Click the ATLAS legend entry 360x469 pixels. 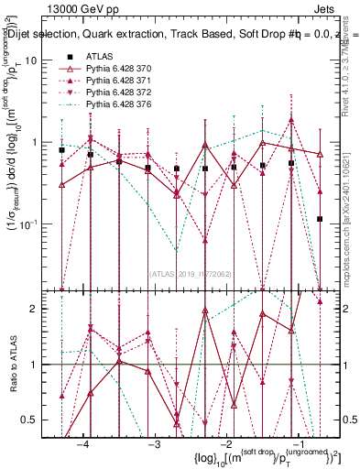pos(99,57)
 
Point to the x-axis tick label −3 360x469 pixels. pos(154,444)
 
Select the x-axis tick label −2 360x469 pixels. pos(226,444)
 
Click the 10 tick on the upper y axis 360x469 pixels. pos(38,60)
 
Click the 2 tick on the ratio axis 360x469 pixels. pos(42,309)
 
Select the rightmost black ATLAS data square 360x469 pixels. pos(320,219)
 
